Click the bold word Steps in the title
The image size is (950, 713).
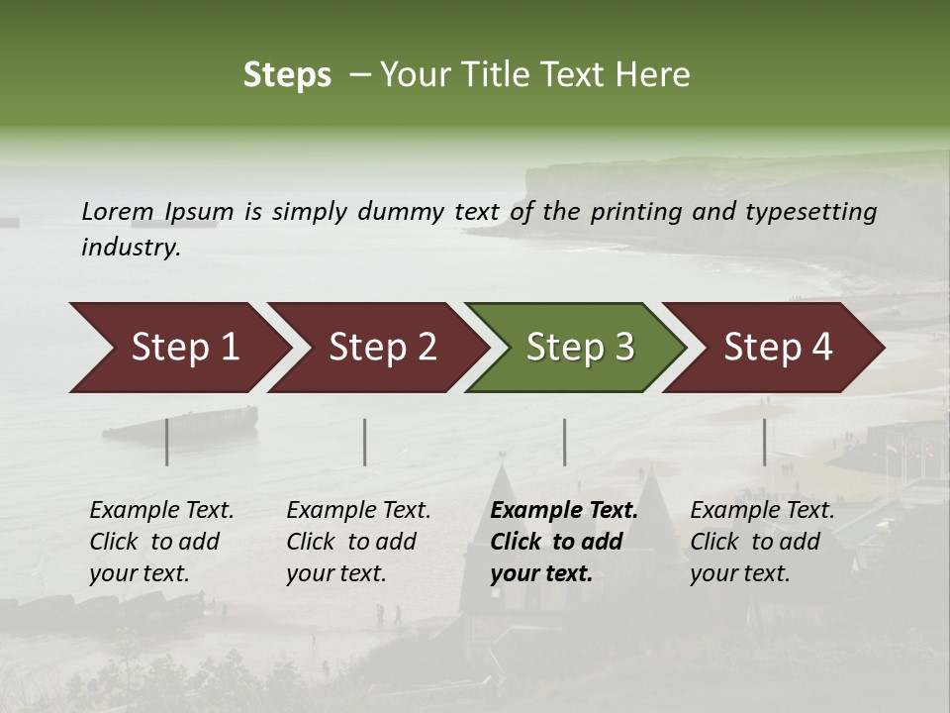[287, 75]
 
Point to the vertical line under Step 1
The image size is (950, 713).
[167, 442]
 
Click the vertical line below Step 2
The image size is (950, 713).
[365, 442]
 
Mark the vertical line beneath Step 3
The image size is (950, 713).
[565, 442]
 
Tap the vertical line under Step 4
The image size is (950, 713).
[764, 442]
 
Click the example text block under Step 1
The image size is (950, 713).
[161, 542]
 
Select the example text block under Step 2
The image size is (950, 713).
[358, 542]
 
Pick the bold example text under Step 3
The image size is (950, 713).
[564, 542]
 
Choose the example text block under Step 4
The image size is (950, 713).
[762, 542]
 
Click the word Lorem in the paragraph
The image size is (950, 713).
[118, 211]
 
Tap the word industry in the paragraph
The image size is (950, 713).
[130, 248]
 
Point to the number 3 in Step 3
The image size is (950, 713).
[623, 347]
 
